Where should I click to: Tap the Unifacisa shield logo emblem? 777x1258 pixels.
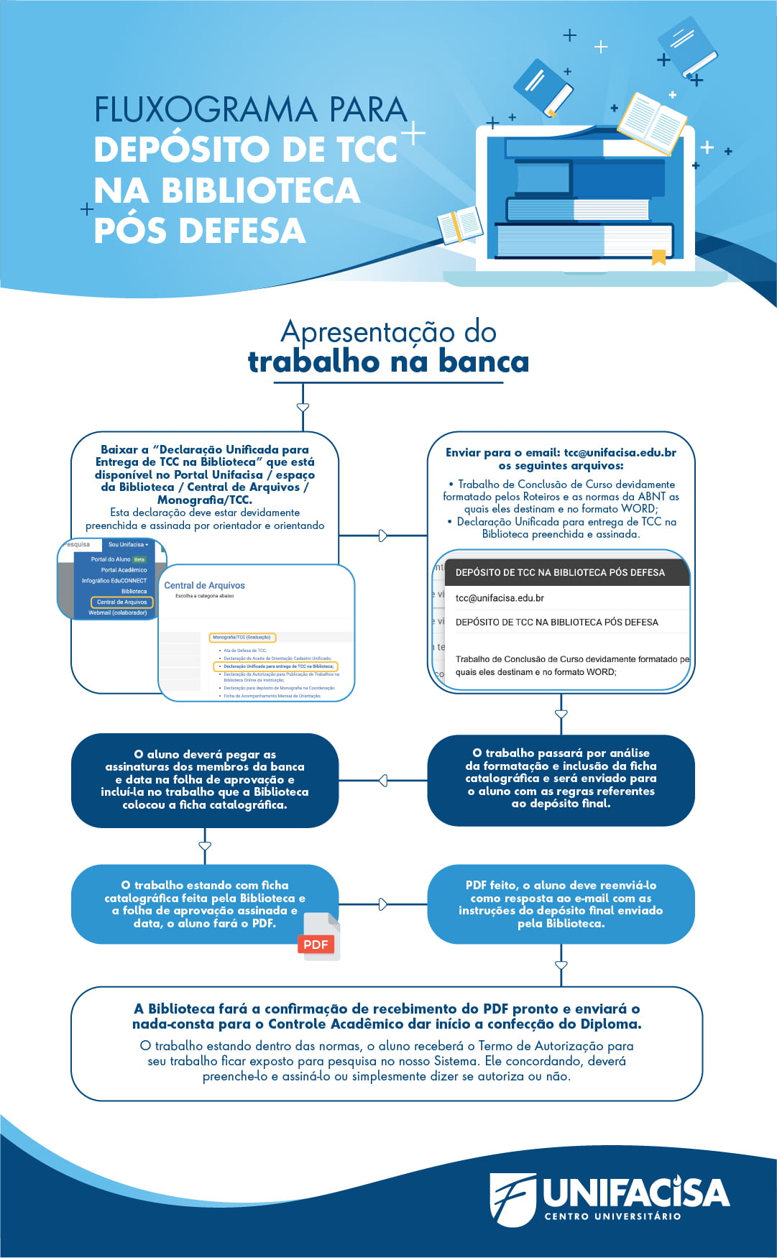tap(512, 1198)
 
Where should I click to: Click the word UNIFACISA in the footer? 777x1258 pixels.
tap(635, 1193)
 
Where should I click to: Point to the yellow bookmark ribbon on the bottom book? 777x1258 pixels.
tap(658, 257)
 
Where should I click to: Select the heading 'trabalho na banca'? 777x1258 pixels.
tap(388, 362)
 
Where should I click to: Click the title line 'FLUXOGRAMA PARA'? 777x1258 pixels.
tap(250, 110)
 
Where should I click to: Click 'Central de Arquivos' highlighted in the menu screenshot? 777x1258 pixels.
tap(121, 602)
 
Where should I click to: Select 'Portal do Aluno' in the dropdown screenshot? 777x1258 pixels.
tap(111, 559)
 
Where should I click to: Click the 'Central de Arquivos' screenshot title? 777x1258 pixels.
tap(205, 586)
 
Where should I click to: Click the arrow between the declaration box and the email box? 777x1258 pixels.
tap(382, 536)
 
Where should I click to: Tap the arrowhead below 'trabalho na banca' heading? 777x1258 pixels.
tap(303, 408)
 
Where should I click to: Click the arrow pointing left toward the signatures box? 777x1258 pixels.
tap(382, 780)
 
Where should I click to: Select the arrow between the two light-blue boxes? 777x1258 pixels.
tap(382, 904)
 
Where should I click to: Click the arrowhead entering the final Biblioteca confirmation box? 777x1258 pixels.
tap(561, 965)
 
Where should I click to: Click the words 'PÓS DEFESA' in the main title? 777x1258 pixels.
tap(200, 231)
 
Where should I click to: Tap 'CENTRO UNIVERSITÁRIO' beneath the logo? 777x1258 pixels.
tap(612, 1216)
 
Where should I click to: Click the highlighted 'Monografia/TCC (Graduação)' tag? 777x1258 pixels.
tap(242, 637)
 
